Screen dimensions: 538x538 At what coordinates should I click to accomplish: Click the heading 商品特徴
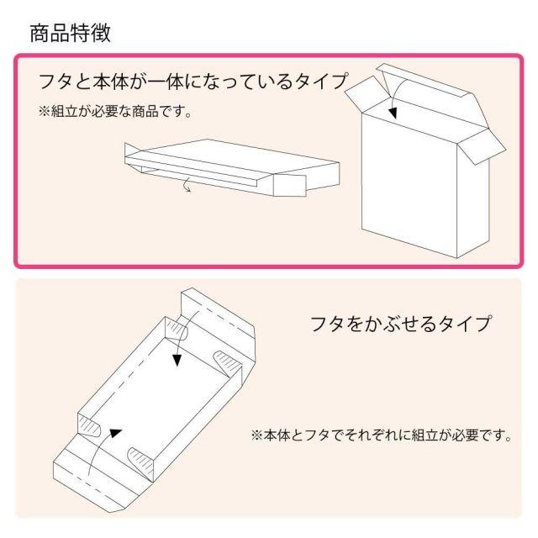point(71,34)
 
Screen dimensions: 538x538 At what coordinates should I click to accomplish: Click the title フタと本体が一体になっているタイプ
point(193,82)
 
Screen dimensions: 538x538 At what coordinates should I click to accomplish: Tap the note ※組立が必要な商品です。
point(115,112)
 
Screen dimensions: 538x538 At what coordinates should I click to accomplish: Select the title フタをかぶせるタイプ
point(400,324)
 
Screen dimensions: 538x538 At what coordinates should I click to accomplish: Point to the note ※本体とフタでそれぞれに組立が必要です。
point(381,435)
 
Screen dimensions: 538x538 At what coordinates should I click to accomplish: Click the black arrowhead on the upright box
point(393,113)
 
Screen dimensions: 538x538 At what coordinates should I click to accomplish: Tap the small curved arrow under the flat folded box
point(187,185)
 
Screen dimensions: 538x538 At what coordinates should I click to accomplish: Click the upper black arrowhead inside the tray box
point(177,360)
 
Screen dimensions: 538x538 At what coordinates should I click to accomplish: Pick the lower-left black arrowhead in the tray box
point(116,433)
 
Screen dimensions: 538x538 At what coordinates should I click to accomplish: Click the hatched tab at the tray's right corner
point(228,364)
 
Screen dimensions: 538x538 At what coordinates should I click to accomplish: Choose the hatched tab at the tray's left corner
point(90,425)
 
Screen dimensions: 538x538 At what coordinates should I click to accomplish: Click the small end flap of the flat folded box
point(289,186)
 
